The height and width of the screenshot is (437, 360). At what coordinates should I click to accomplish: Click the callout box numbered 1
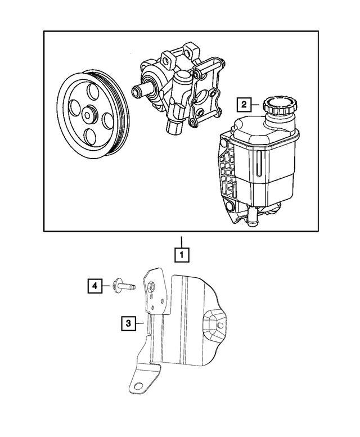click(x=181, y=255)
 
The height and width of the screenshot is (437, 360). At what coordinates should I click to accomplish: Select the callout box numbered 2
click(x=244, y=104)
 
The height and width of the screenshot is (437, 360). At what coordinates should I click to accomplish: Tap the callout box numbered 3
click(x=128, y=323)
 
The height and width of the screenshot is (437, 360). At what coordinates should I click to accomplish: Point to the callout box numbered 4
click(x=94, y=286)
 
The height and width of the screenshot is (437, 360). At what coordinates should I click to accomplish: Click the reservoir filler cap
click(x=277, y=106)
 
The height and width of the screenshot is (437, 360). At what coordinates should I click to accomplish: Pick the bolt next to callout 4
click(x=123, y=286)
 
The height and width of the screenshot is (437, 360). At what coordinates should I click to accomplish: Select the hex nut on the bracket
click(x=152, y=286)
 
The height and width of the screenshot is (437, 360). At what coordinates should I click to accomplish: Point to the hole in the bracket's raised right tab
click(x=220, y=325)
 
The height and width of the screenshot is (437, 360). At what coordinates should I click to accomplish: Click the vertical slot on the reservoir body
click(x=257, y=165)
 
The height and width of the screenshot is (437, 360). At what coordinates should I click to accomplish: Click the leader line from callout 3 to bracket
click(x=141, y=323)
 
